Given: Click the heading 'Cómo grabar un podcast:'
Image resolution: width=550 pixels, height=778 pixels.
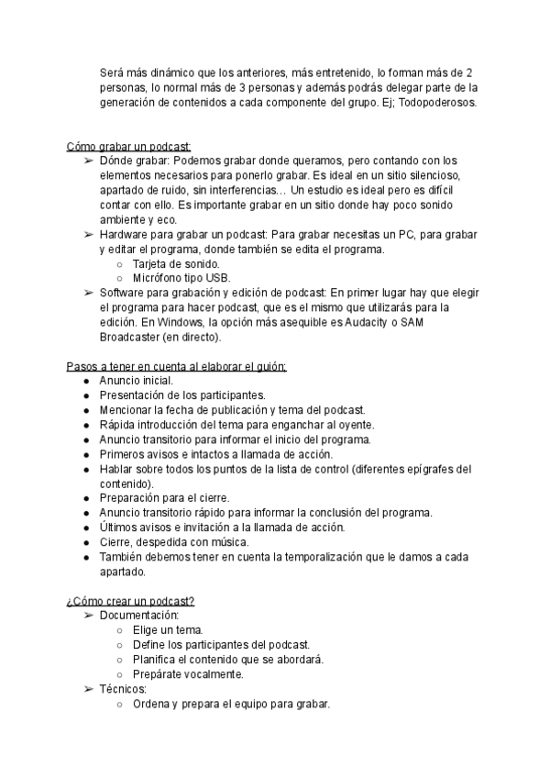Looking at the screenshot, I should tap(128, 146).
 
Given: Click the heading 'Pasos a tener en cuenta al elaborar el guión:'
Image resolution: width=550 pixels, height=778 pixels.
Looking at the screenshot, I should tap(176, 366).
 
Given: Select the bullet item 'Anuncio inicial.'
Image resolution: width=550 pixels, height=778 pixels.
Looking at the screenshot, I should tap(136, 381).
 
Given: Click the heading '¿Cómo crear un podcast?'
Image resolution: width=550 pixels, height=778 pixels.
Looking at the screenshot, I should tap(130, 601).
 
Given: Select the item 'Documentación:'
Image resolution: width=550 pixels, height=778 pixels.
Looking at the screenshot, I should tap(139, 616).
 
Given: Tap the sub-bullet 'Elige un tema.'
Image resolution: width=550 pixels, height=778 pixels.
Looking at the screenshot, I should tap(167, 630).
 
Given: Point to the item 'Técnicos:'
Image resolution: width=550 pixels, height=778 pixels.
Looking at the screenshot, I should tap(123, 689).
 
